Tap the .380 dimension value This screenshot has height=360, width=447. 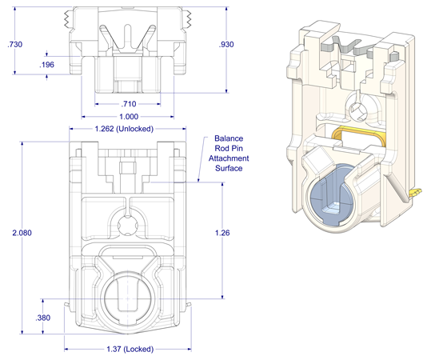[x=45, y=318]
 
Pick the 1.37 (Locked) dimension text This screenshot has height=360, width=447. [x=129, y=349]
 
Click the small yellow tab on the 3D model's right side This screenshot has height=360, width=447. [x=414, y=192]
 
